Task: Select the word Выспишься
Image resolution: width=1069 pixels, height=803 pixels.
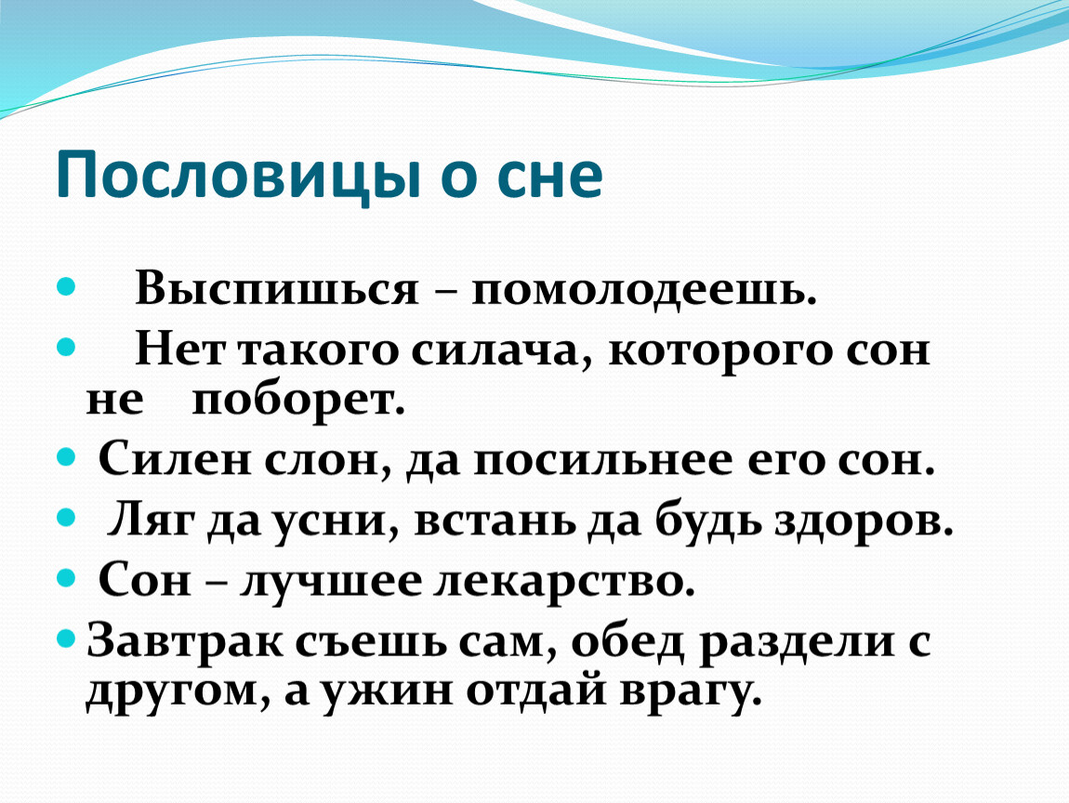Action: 277,288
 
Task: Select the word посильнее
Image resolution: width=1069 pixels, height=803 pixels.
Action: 602,461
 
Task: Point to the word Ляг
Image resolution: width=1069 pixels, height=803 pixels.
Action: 150,520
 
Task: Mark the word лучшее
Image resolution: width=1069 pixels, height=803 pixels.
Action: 331,583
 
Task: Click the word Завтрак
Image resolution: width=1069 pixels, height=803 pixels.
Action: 185,642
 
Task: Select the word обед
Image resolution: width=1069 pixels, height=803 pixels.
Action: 627,642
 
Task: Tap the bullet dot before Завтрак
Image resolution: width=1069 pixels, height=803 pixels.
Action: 66,639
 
